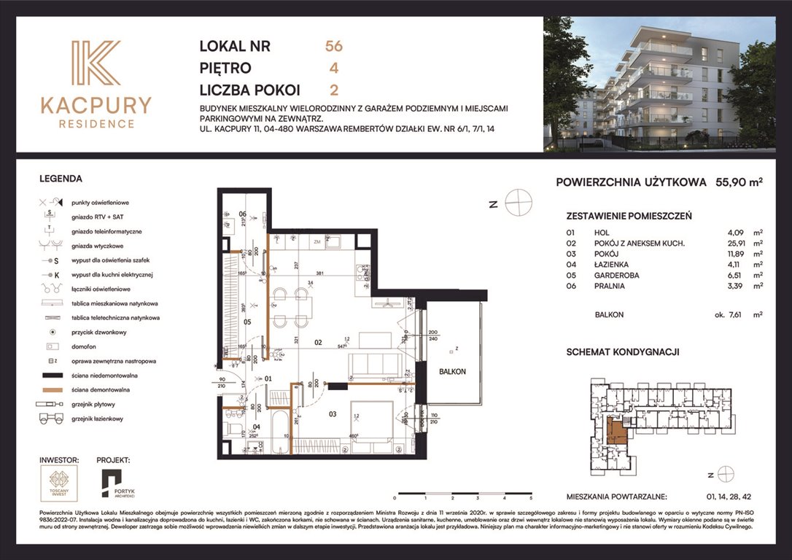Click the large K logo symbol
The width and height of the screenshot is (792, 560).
click(x=96, y=63)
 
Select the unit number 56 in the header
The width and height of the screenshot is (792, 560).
click(x=334, y=47)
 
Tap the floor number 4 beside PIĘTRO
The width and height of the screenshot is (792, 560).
click(x=334, y=69)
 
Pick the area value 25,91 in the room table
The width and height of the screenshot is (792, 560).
click(x=730, y=243)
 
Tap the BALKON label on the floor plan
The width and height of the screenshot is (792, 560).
click(x=453, y=371)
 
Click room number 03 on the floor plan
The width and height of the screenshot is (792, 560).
click(x=332, y=415)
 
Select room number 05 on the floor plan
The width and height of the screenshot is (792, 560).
click(x=246, y=322)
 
